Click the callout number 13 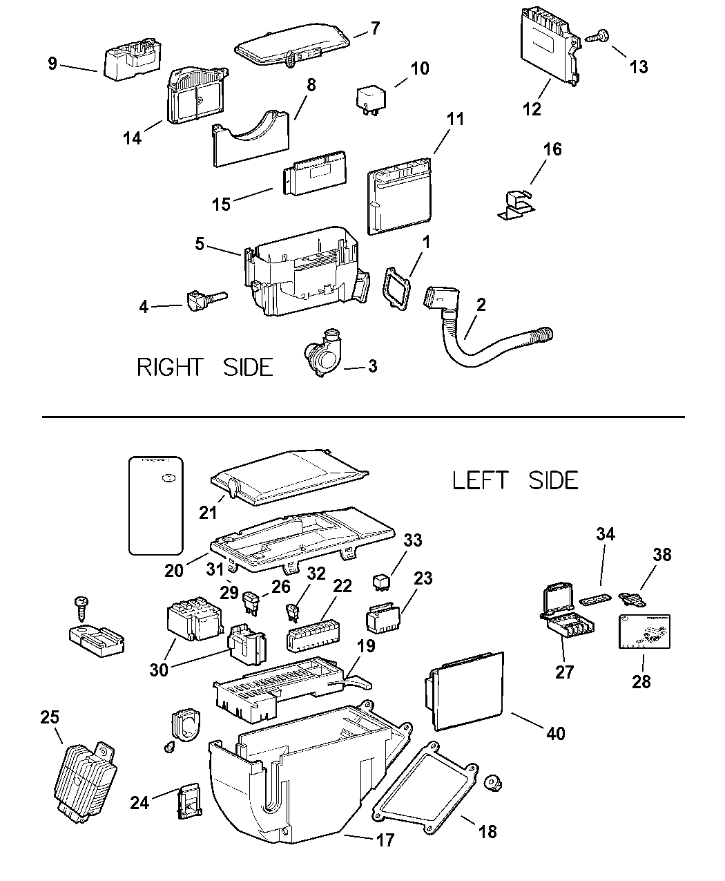coord(639,66)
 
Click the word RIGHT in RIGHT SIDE coord(171,367)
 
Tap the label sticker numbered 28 coord(646,630)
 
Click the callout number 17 coord(385,840)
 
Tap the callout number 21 coord(207,513)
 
